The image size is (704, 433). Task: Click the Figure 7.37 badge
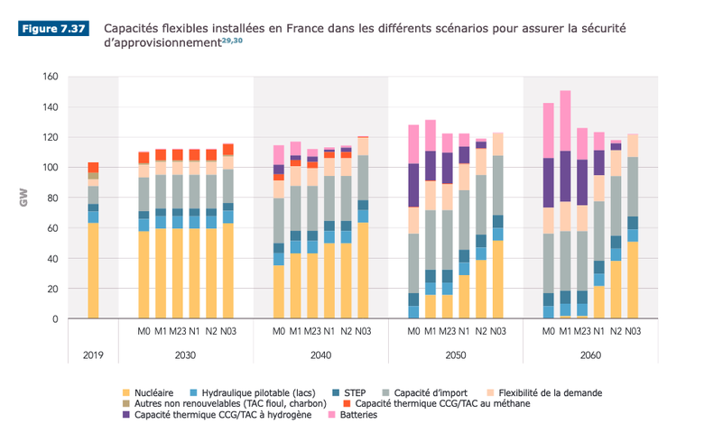[x=53, y=29]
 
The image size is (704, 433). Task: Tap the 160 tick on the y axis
[x=51, y=77]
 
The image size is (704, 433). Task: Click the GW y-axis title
[x=24, y=198]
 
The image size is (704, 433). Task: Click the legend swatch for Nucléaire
[x=127, y=393]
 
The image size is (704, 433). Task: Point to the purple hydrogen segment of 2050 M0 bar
[x=414, y=186]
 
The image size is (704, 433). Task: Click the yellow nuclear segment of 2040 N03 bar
[x=363, y=271]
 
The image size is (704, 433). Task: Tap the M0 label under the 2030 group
[x=144, y=331]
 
